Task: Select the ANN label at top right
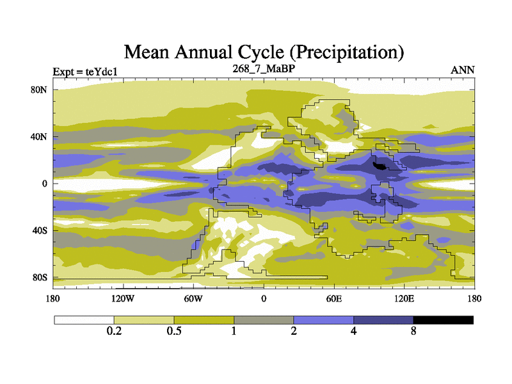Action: [x=463, y=70]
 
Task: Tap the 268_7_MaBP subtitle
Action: [x=263, y=68]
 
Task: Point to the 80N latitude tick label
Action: [x=40, y=90]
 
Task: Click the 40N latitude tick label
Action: [x=40, y=136]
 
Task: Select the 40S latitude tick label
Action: [x=40, y=230]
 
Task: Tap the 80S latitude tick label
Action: [x=40, y=278]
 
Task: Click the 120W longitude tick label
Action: [x=123, y=298]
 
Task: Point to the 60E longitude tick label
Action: [x=334, y=298]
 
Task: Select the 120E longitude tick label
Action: [x=404, y=298]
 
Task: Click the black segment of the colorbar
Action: [x=443, y=319]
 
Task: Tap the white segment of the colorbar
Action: [x=84, y=319]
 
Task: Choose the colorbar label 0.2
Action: [x=114, y=332]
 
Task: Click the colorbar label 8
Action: [x=413, y=332]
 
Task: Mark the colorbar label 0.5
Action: [x=174, y=332]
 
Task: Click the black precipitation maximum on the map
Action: [x=381, y=165]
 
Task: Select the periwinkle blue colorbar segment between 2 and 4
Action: [x=323, y=319]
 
